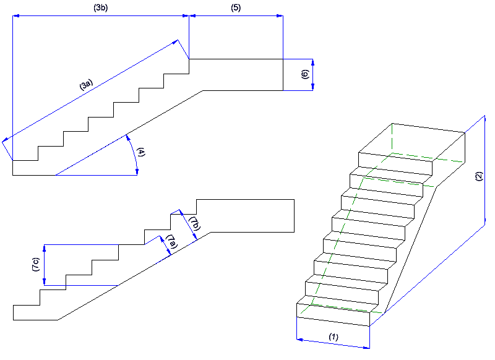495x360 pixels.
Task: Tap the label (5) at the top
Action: point(236,8)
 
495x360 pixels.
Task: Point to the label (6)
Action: point(304,75)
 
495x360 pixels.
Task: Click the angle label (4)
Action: point(141,153)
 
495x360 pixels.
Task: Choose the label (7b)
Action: point(194,223)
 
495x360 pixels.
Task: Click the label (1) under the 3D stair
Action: point(333,337)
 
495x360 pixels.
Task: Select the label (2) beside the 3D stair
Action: point(477,176)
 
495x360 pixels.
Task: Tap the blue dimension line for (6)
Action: point(313,75)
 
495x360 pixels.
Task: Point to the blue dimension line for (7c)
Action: point(45,265)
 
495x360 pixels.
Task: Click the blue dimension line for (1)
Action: point(334,344)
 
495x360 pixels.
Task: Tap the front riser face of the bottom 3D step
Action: point(334,316)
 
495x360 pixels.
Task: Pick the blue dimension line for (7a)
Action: point(165,246)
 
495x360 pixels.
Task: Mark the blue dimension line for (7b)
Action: point(187,226)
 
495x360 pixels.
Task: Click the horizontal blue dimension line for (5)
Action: point(236,16)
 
